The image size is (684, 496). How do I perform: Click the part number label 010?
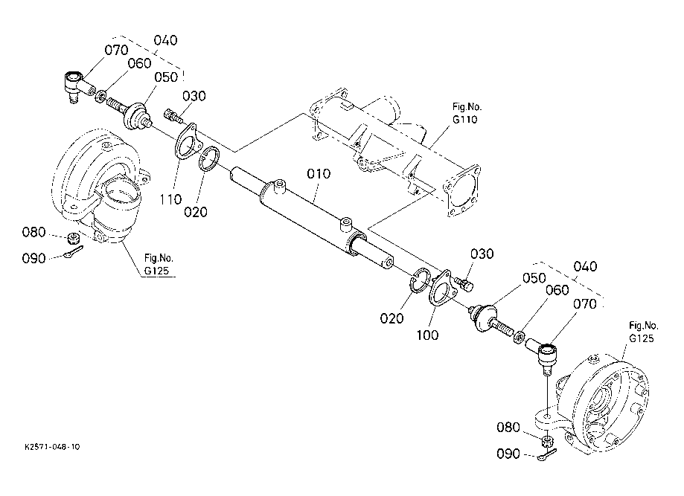click(x=318, y=175)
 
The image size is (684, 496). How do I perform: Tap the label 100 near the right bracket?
click(x=427, y=335)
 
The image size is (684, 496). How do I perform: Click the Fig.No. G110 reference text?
click(x=464, y=113)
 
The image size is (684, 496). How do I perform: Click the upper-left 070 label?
click(x=116, y=51)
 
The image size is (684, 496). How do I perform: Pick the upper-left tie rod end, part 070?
click(x=74, y=83)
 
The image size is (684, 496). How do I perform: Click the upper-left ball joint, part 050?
click(x=135, y=116)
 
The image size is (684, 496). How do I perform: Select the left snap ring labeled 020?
click(x=208, y=158)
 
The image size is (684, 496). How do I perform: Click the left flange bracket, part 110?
click(x=187, y=142)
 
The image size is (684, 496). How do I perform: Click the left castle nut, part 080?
click(x=74, y=239)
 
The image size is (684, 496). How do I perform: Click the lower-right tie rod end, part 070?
click(x=546, y=352)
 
